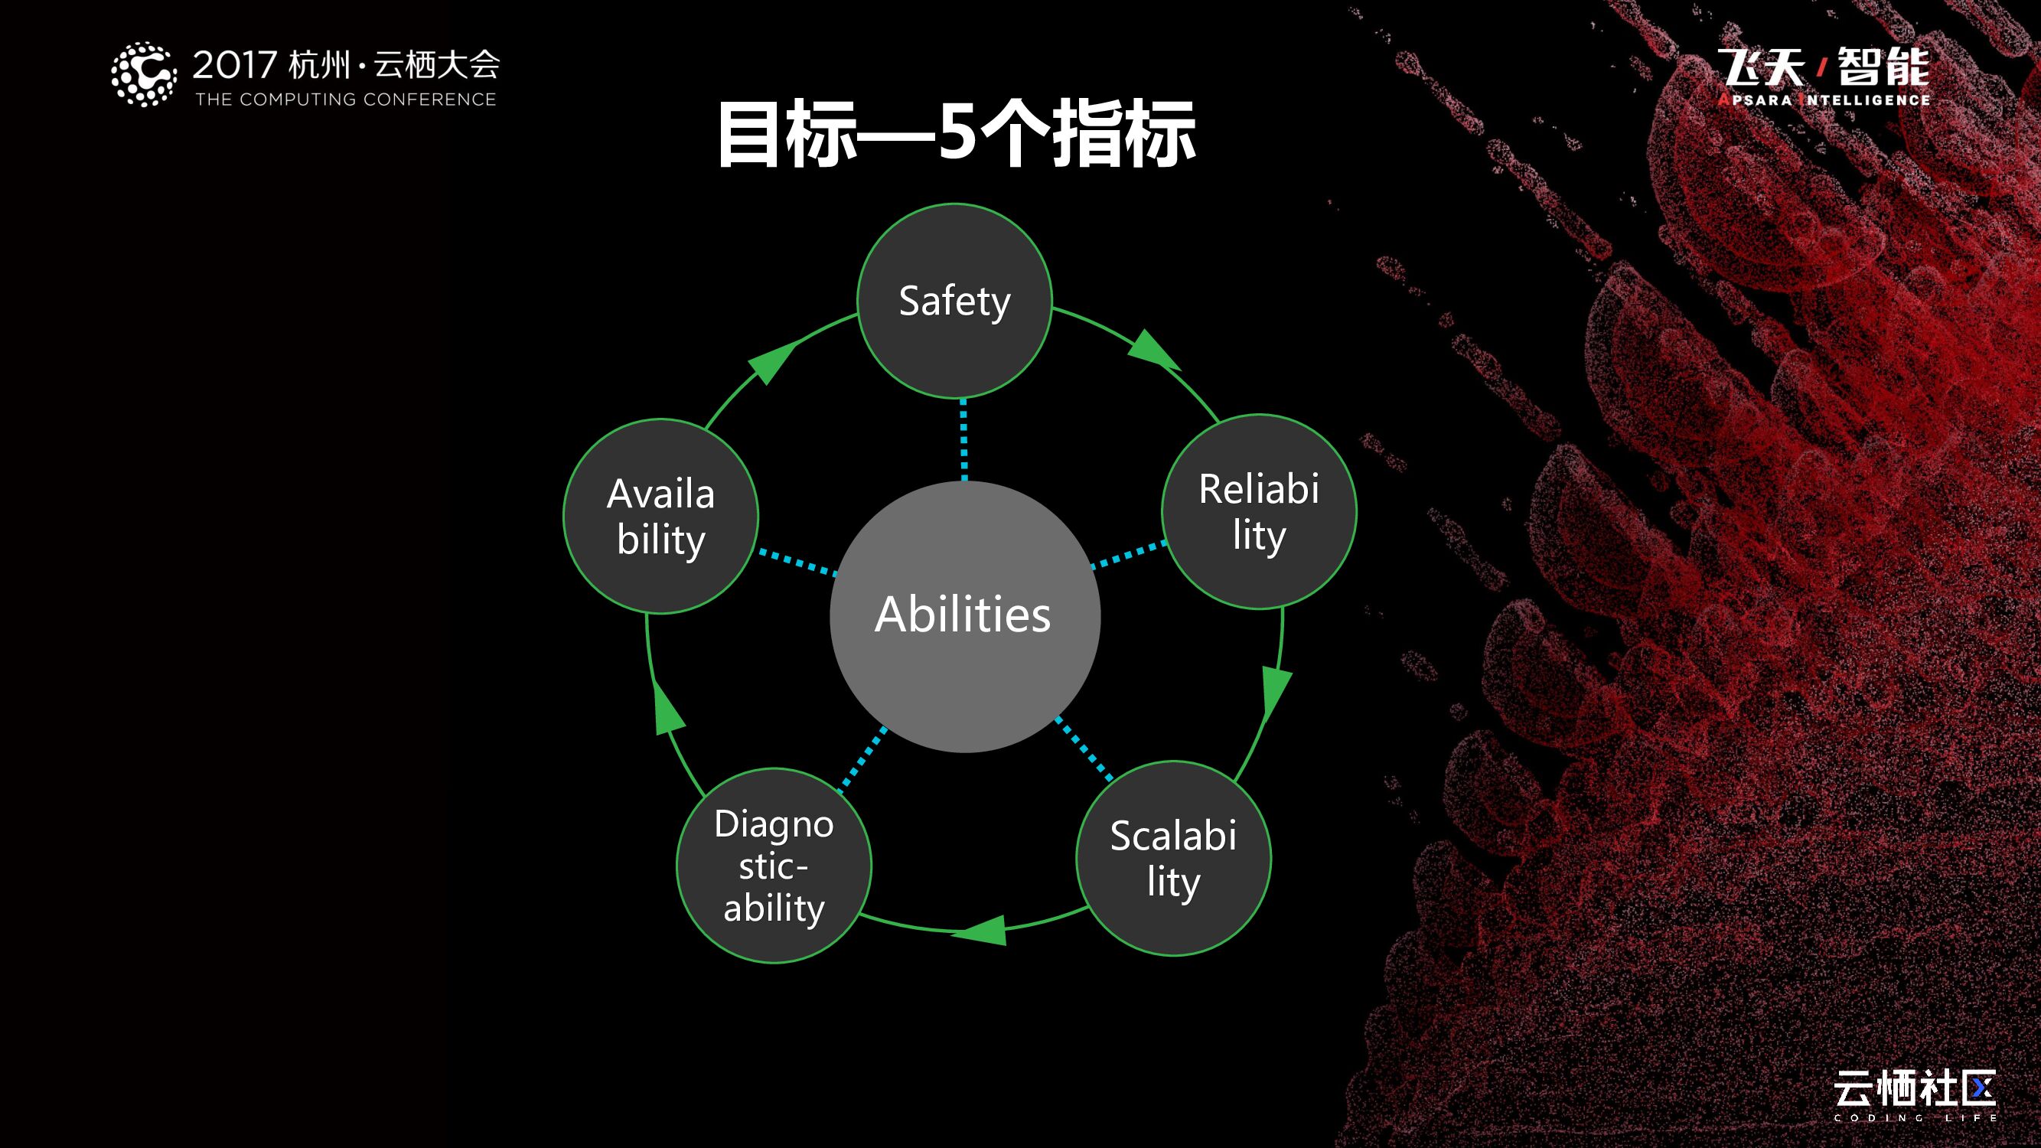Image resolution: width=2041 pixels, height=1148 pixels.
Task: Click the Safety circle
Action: (x=955, y=301)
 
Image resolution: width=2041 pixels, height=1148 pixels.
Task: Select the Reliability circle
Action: (x=1259, y=512)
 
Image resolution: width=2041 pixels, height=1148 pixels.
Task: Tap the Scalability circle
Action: (x=1173, y=859)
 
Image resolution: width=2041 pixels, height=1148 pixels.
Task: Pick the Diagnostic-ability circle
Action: (x=774, y=865)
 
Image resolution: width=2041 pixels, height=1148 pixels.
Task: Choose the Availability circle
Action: (x=660, y=517)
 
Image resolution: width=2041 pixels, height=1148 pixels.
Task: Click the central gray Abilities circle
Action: (x=964, y=616)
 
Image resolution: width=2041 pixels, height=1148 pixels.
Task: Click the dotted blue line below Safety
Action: (x=963, y=440)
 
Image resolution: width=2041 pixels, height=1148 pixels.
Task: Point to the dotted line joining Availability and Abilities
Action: (x=797, y=562)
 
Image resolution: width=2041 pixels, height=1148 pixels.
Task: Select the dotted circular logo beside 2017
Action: (x=143, y=74)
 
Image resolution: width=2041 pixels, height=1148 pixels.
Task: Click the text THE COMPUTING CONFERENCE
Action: (x=345, y=99)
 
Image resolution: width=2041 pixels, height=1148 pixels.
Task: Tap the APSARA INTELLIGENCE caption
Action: (x=1824, y=99)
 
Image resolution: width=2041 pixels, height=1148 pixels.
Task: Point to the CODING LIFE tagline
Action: (x=1914, y=1117)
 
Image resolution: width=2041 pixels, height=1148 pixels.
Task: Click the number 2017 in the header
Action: (x=234, y=65)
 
